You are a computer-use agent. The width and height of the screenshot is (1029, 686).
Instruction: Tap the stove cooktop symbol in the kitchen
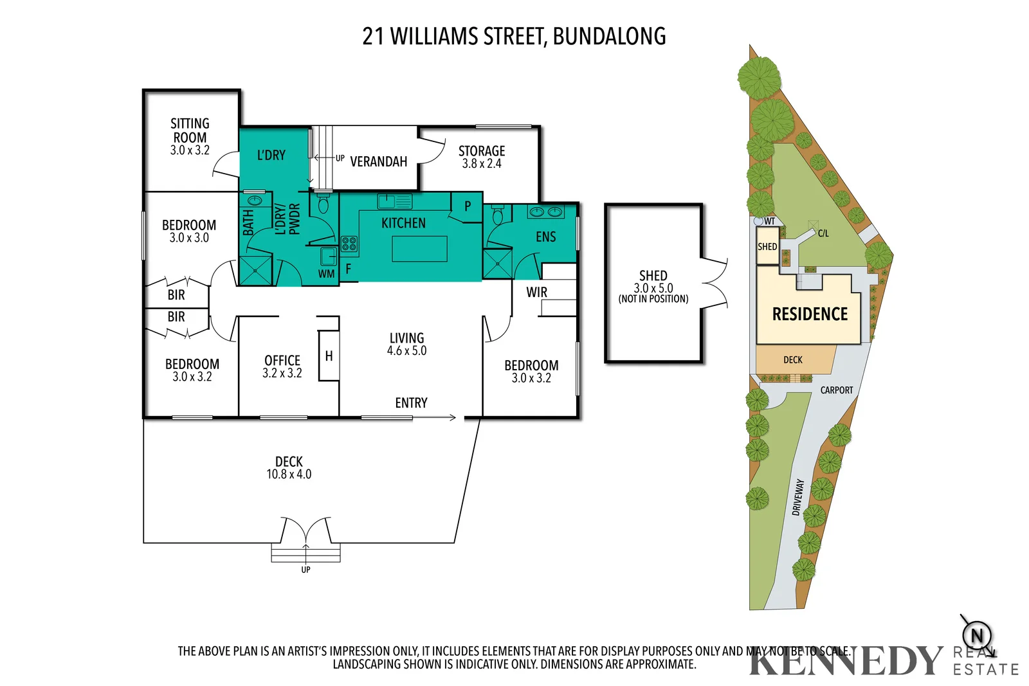349,244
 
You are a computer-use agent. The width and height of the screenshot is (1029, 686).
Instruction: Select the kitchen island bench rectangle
419,249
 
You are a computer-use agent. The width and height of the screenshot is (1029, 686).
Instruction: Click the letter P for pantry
468,206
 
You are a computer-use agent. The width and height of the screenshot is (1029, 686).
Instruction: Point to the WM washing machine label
326,274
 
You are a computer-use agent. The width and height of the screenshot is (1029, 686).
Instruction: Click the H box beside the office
329,356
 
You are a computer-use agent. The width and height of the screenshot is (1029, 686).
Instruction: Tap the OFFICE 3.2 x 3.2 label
282,366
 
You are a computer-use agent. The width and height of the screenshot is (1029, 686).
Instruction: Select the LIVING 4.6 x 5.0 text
406,344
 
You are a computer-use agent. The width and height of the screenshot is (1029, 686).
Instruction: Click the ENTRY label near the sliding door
411,403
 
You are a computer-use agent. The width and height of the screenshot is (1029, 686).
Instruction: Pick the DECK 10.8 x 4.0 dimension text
289,474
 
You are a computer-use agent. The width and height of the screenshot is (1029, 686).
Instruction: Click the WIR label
536,293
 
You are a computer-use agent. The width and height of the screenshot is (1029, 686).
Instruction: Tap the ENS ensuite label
545,237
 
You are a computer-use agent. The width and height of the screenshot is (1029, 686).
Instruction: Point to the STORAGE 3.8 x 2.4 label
482,157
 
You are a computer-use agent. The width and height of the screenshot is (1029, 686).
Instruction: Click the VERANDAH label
378,161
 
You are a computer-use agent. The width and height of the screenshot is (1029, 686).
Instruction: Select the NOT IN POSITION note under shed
653,299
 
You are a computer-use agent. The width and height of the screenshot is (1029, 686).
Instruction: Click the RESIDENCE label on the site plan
810,314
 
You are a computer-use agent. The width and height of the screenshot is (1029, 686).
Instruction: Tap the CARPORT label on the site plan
836,390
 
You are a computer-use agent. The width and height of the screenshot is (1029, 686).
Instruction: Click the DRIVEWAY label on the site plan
798,497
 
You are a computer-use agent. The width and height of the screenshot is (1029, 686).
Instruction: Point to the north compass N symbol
977,636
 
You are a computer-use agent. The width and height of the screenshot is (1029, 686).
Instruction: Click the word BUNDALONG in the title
609,36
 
